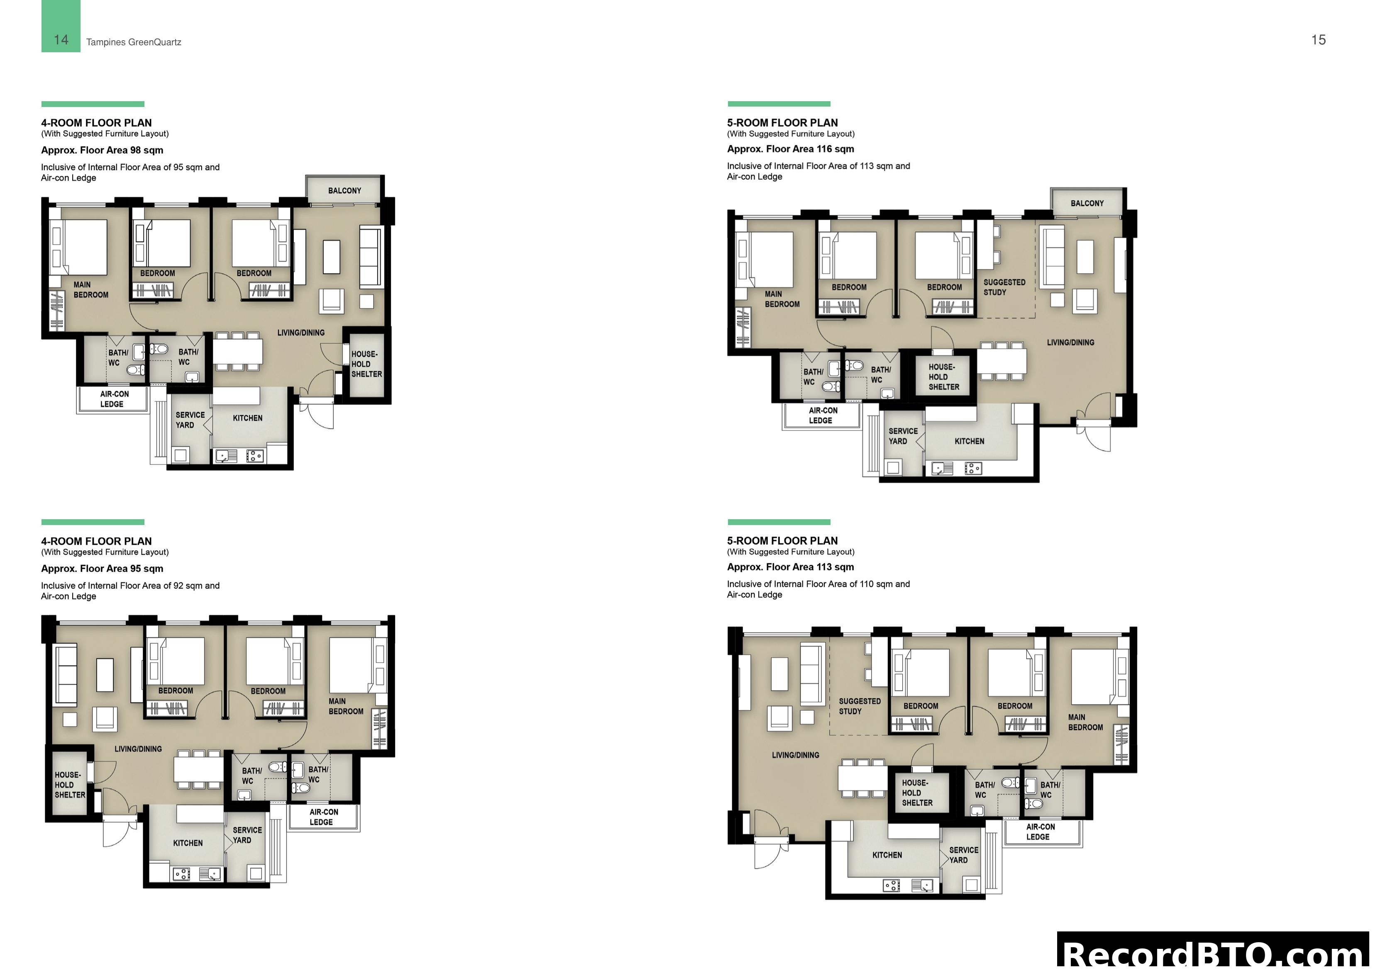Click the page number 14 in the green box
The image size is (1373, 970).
click(x=61, y=40)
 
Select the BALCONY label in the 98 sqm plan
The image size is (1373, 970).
click(x=344, y=191)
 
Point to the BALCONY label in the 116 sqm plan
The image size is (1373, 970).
click(x=1087, y=203)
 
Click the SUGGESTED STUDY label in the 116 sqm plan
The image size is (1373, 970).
click(x=1004, y=287)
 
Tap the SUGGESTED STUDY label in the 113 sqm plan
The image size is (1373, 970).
click(x=859, y=706)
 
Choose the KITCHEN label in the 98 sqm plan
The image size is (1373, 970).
click(x=247, y=418)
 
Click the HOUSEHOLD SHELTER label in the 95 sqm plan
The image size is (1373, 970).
click(x=70, y=785)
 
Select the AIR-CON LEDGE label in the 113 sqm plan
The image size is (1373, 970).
click(x=1041, y=831)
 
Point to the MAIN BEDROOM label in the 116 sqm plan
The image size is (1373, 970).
click(x=782, y=299)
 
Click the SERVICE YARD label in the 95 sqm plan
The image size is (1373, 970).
click(x=247, y=835)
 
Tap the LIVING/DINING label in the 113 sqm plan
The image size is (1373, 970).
click(x=795, y=755)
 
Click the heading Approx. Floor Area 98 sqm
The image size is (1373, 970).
click(x=102, y=150)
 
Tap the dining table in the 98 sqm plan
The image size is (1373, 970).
click(x=237, y=351)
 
